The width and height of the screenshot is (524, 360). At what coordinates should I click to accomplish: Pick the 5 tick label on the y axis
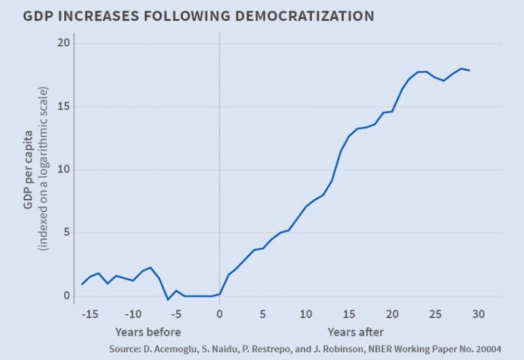pyautogui.click(x=63, y=232)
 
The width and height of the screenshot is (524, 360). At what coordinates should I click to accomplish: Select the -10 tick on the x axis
pyautogui.click(x=133, y=314)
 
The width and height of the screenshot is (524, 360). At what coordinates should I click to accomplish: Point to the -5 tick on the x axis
pyautogui.click(x=176, y=314)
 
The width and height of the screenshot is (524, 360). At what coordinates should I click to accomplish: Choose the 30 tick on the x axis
pyautogui.click(x=478, y=314)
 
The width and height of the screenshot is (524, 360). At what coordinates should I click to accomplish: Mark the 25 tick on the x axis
pyautogui.click(x=435, y=314)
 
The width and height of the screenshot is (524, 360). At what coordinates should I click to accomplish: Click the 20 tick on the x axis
pyautogui.click(x=392, y=314)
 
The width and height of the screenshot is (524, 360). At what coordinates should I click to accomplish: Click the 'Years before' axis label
pyautogui.click(x=147, y=331)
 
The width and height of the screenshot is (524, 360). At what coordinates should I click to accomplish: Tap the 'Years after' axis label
pyautogui.click(x=356, y=331)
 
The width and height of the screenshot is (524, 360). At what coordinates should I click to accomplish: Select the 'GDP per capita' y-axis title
pyautogui.click(x=28, y=169)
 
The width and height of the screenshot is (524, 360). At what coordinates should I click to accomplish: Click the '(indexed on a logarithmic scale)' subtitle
pyautogui.click(x=43, y=169)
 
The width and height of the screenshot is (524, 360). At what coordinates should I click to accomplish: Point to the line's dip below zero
pyautogui.click(x=168, y=300)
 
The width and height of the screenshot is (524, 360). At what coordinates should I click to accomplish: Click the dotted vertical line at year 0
pyautogui.click(x=219, y=164)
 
